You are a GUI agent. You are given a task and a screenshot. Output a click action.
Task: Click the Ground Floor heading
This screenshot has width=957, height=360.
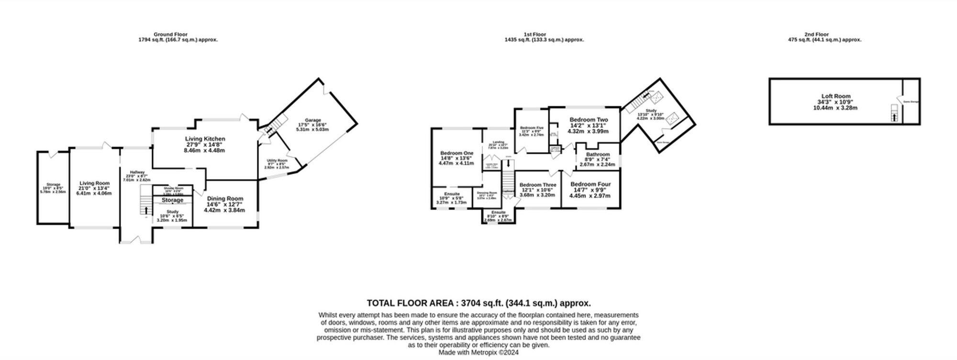(x=170, y=34)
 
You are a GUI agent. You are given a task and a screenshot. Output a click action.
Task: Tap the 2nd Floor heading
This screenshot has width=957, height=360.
(x=816, y=34)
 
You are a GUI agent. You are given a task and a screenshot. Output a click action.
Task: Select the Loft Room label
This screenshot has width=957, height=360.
(x=836, y=96)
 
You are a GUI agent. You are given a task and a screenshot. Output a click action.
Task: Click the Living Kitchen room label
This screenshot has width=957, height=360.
(x=205, y=139)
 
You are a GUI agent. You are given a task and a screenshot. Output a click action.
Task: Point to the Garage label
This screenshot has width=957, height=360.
(x=313, y=120)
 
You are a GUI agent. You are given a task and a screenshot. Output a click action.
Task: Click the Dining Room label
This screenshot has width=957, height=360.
(x=225, y=199)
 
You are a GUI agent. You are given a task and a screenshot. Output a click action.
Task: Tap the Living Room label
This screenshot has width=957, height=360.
(x=94, y=183)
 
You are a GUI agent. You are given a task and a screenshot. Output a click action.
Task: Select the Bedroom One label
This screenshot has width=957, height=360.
(x=456, y=153)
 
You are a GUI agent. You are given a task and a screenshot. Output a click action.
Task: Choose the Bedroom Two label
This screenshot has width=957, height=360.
(x=589, y=120)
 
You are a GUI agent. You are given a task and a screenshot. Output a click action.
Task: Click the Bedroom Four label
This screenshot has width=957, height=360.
(x=590, y=184)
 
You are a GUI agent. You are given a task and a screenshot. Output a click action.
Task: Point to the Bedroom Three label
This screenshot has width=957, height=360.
(x=538, y=185)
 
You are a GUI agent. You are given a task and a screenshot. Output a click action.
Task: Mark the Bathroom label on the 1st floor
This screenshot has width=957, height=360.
(x=598, y=155)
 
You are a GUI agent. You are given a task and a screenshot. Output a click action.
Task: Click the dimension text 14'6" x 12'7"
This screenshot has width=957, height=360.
(x=224, y=204)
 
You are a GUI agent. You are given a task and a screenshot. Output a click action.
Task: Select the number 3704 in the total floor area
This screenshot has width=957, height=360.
(x=470, y=303)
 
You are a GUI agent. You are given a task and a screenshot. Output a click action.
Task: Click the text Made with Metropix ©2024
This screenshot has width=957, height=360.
(x=478, y=352)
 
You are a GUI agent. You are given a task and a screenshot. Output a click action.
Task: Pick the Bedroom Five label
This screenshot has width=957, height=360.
(x=532, y=128)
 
